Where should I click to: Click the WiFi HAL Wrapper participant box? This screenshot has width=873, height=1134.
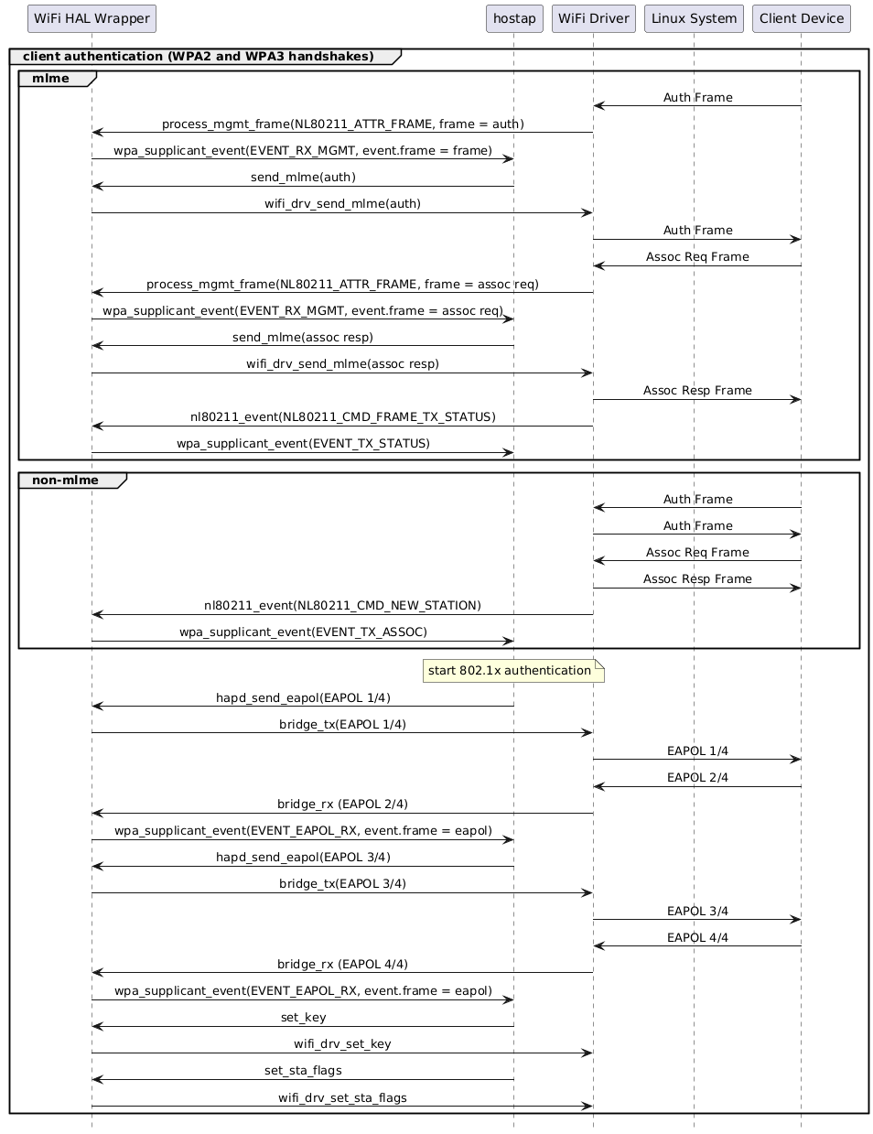pyautogui.click(x=92, y=18)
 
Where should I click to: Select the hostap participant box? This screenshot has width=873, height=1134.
pyautogui.click(x=514, y=18)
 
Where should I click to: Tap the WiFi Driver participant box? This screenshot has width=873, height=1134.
pyautogui.click(x=593, y=18)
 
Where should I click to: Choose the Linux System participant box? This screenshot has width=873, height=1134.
pyautogui.click(x=694, y=18)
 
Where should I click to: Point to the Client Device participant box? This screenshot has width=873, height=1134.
pyautogui.click(x=801, y=18)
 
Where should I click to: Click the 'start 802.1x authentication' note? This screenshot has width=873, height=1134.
pyautogui.click(x=510, y=671)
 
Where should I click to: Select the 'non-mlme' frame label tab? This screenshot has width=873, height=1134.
pyautogui.click(x=65, y=481)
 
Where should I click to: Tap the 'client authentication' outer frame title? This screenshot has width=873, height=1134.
pyautogui.click(x=199, y=57)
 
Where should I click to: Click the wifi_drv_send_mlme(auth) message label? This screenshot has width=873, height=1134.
pyautogui.click(x=342, y=204)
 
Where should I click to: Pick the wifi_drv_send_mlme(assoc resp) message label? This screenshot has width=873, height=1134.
pyautogui.click(x=342, y=364)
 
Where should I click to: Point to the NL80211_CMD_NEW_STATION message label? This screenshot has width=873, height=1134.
pyautogui.click(x=342, y=606)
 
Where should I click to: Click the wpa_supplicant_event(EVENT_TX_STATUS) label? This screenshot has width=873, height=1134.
pyautogui.click(x=303, y=444)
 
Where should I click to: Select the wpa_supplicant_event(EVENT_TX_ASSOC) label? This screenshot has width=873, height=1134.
pyautogui.click(x=303, y=632)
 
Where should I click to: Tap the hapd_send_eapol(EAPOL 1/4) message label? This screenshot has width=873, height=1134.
pyautogui.click(x=303, y=698)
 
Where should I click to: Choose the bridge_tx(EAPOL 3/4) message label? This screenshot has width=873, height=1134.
pyautogui.click(x=342, y=884)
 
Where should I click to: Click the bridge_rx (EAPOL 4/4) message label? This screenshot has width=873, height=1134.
pyautogui.click(x=342, y=965)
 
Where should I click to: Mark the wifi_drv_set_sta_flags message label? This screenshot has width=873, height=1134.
pyautogui.click(x=342, y=1098)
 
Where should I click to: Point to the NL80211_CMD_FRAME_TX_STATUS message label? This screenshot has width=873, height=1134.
pyautogui.click(x=342, y=417)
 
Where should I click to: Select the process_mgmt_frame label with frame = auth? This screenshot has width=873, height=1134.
pyautogui.click(x=342, y=124)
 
